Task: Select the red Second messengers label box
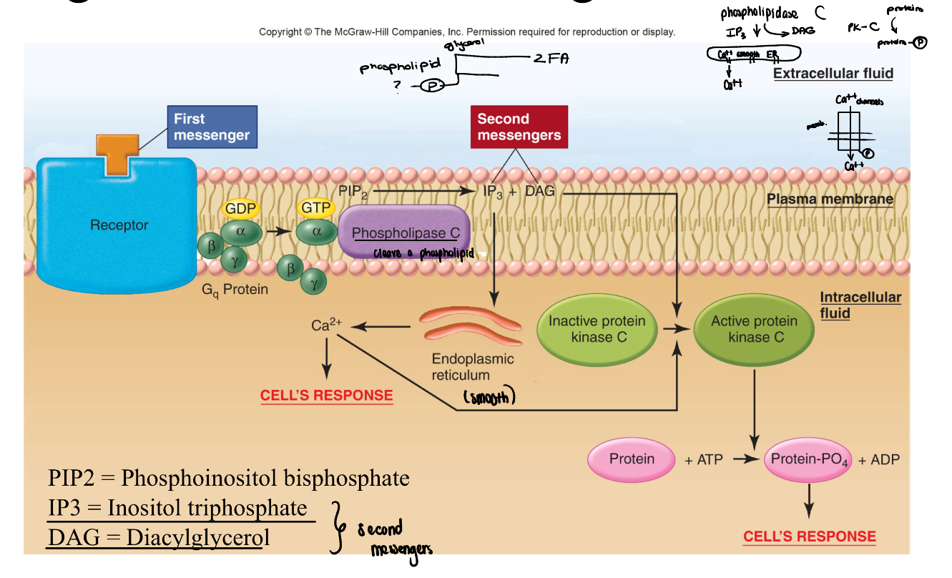[x=519, y=127]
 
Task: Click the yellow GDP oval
[x=241, y=208]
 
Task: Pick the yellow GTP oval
[x=316, y=208]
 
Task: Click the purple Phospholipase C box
[x=405, y=232]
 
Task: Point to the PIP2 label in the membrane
[x=354, y=192]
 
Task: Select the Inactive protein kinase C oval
[x=597, y=329]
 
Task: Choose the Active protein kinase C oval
[x=754, y=329]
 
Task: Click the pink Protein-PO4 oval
[x=809, y=459]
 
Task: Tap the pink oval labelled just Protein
[x=632, y=459]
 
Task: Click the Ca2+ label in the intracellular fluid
[x=326, y=325]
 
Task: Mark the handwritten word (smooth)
[x=489, y=398]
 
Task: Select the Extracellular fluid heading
[x=833, y=73]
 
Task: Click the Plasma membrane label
[x=830, y=199]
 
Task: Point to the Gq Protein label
[x=235, y=290]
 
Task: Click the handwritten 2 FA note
[x=549, y=59]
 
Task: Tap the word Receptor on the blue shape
[x=119, y=225]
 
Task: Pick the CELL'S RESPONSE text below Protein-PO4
[x=809, y=537]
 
